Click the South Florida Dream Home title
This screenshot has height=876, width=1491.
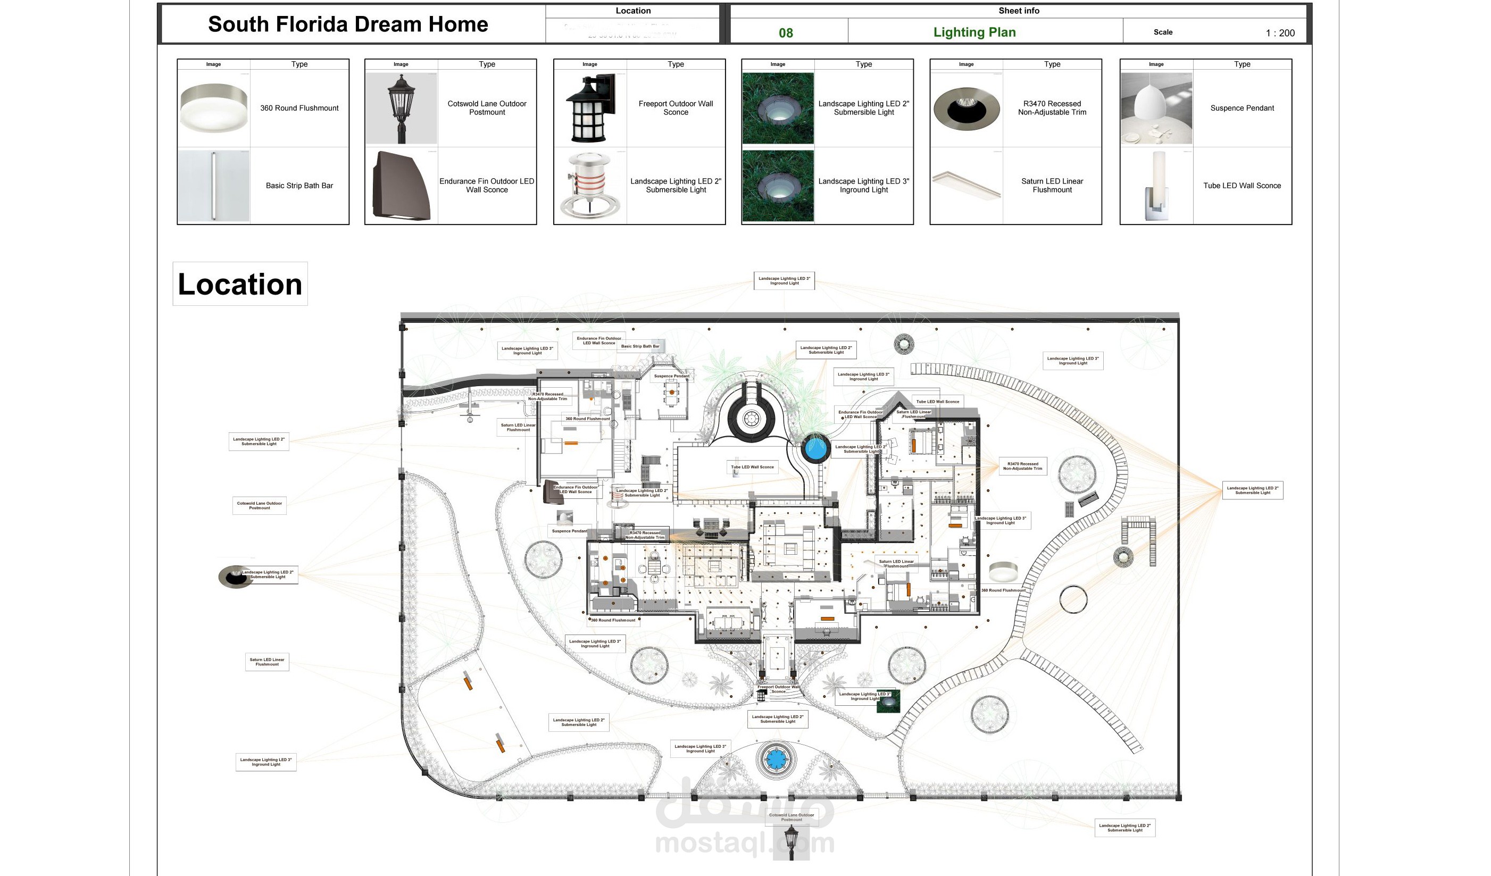click(x=348, y=24)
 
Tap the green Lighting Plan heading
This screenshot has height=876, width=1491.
click(x=974, y=32)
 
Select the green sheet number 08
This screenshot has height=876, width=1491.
click(x=786, y=33)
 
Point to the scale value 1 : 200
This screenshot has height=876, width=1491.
click(x=1280, y=33)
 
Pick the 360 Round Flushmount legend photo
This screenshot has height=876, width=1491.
click(x=214, y=107)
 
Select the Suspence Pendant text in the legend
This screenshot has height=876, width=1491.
click(x=1242, y=107)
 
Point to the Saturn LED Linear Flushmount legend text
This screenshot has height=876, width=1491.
click(x=1052, y=185)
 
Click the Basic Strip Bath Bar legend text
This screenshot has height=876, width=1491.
click(x=299, y=185)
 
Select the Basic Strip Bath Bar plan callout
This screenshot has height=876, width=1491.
click(x=639, y=346)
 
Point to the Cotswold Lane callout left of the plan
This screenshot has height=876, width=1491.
click(x=259, y=505)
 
